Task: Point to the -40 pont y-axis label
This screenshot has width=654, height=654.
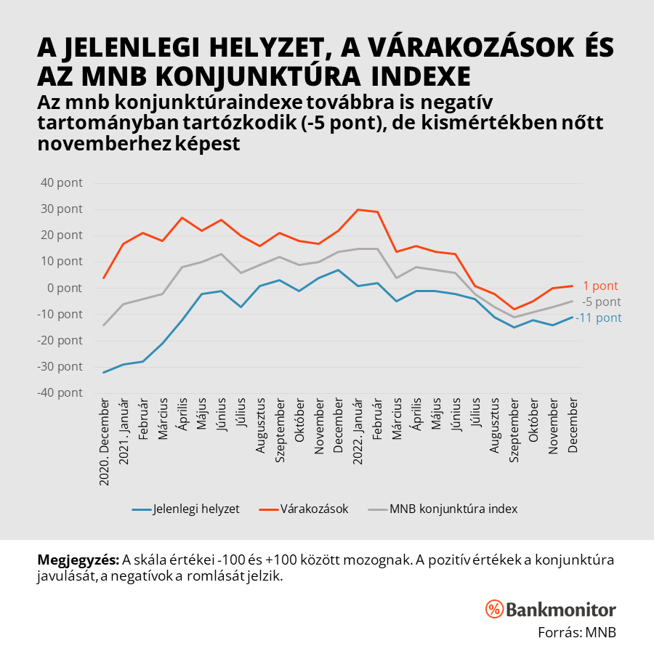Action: (x=62, y=392)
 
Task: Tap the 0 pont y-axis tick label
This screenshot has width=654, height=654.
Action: (x=66, y=288)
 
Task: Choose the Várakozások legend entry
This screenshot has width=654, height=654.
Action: (x=315, y=509)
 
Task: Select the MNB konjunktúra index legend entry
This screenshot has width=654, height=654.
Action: (x=453, y=509)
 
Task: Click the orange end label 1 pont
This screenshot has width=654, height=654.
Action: (x=601, y=286)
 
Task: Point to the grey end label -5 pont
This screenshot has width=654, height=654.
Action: (x=602, y=302)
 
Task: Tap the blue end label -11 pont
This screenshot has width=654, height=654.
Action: (x=599, y=318)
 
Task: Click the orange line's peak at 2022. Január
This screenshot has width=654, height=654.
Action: (x=358, y=209)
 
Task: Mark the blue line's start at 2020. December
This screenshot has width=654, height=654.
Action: (x=104, y=372)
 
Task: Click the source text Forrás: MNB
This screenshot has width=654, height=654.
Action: (x=576, y=631)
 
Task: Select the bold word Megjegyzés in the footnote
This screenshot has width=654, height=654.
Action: (x=78, y=560)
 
